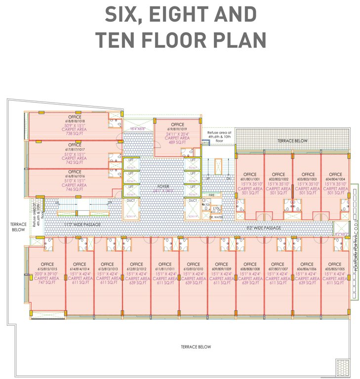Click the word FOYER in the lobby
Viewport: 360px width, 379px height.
click(163, 187)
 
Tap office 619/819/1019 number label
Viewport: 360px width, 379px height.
click(177, 129)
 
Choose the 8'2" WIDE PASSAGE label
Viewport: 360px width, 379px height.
click(264, 228)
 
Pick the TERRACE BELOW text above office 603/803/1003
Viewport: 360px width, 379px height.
click(292, 141)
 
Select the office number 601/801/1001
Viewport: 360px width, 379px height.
click(249, 179)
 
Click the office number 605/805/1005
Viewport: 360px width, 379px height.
click(335, 269)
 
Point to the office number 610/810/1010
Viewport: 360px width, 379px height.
click(193, 269)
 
